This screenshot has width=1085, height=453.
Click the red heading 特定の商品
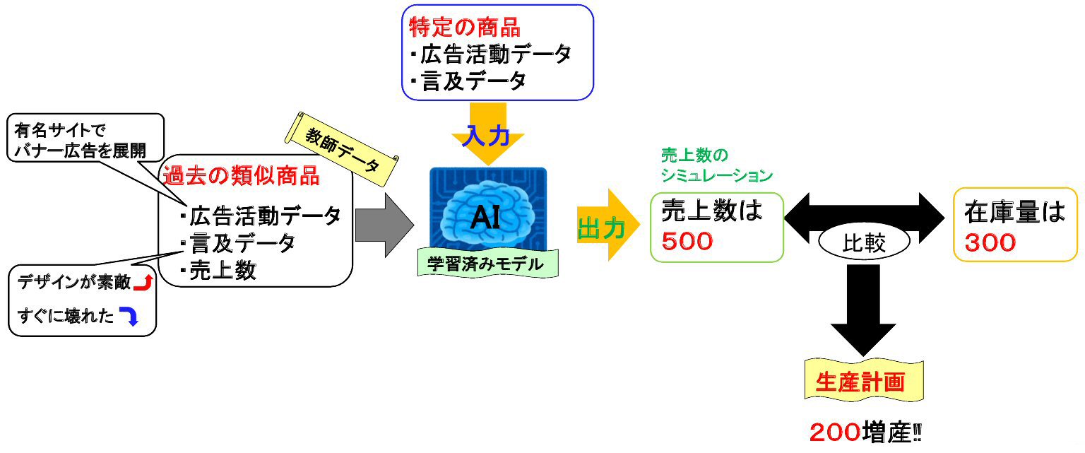pos(465,28)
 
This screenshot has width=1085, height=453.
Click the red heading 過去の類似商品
pos(241,175)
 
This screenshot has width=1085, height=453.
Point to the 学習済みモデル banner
pos(487,264)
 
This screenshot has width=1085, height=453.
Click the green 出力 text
pos(601,228)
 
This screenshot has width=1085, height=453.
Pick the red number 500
pos(687,242)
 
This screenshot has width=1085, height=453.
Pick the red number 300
pos(990,242)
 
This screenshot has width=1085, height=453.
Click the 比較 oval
pos(863,244)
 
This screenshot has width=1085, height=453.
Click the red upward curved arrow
pos(143,283)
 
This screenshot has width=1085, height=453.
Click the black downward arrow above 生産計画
pos(862,310)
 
